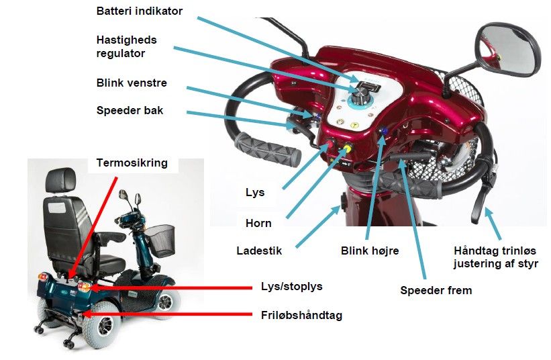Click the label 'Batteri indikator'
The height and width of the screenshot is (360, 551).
[x=140, y=11]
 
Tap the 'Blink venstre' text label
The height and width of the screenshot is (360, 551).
[x=132, y=83]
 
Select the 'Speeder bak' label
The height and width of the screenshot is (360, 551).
[x=130, y=111]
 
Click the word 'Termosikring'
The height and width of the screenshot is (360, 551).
[x=132, y=163]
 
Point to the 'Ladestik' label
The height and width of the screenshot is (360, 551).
[x=259, y=251]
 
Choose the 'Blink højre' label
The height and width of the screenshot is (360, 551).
[x=370, y=251]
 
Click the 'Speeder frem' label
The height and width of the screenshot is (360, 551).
[x=436, y=291]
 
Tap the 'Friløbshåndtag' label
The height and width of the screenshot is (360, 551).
[x=301, y=316]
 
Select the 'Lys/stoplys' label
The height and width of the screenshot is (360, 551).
[x=292, y=286]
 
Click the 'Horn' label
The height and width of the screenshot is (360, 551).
[x=258, y=223]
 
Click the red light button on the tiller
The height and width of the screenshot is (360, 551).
[x=330, y=145]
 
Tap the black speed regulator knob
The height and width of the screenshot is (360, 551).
[x=360, y=95]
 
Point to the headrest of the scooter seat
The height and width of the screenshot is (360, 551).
[x=60, y=179]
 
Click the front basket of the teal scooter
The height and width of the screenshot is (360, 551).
[x=161, y=240]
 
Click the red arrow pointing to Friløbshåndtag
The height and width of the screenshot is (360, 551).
[x=168, y=314]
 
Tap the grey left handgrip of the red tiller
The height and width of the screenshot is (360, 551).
[x=269, y=149]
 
